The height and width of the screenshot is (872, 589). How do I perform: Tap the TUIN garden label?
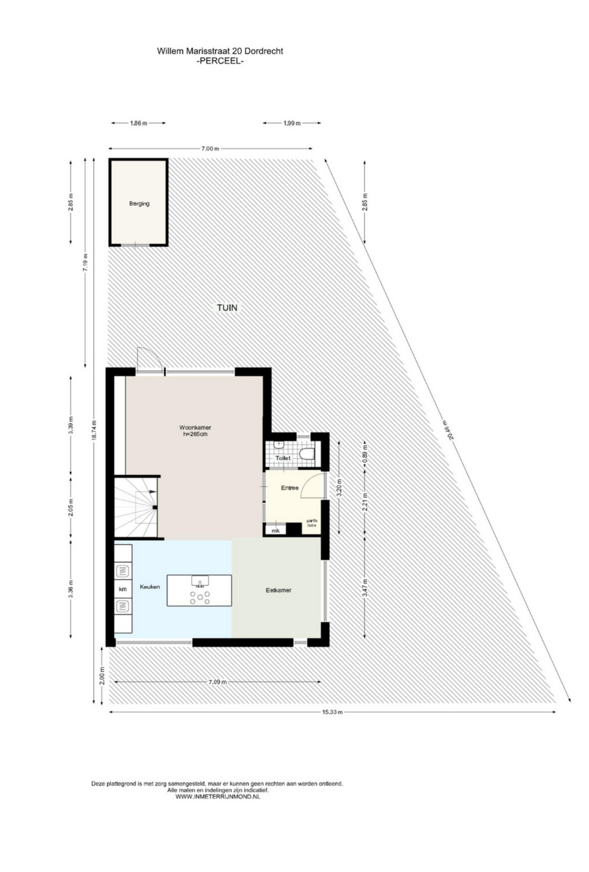click(x=227, y=308)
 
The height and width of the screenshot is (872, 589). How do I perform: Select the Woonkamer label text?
click(x=195, y=427)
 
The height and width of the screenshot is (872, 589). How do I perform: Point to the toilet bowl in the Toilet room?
click(x=307, y=454)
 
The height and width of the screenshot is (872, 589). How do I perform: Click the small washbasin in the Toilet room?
click(x=278, y=445)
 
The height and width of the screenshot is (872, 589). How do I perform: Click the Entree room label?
click(x=290, y=488)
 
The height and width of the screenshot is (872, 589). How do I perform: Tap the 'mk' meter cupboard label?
click(x=275, y=531)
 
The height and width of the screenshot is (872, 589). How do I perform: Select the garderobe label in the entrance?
click(x=312, y=523)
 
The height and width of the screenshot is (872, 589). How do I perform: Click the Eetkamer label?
click(x=278, y=590)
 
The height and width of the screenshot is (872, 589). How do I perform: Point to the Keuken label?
click(x=150, y=587)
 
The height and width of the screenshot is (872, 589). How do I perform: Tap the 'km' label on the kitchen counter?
click(x=123, y=589)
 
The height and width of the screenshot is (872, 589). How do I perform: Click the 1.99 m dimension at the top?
click(x=292, y=123)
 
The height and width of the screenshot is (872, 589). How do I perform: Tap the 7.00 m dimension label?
click(x=210, y=149)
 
